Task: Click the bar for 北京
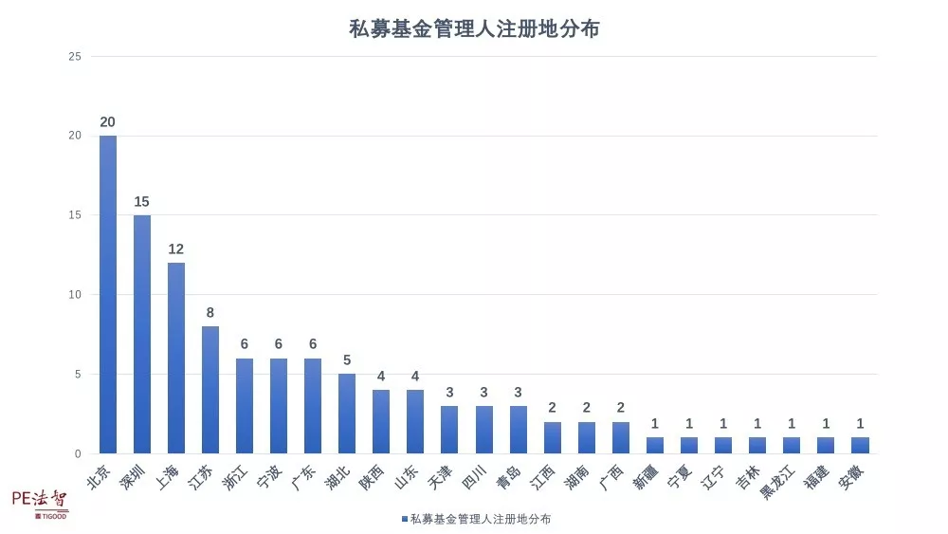pyautogui.click(x=108, y=294)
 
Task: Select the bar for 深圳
pyautogui.click(x=142, y=334)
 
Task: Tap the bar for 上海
pyautogui.click(x=176, y=358)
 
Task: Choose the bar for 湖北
pyautogui.click(x=347, y=414)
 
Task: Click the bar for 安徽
pyautogui.click(x=860, y=446)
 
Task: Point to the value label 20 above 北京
pyautogui.click(x=108, y=122)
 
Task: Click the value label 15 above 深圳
pyautogui.click(x=142, y=202)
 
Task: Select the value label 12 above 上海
pyautogui.click(x=176, y=249)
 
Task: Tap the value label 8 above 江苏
pyautogui.click(x=210, y=313)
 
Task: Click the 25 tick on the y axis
pyautogui.click(x=75, y=57)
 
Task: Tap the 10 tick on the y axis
pyautogui.click(x=75, y=295)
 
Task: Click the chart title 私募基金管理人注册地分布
pyautogui.click(x=474, y=29)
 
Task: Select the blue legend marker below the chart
pyautogui.click(x=404, y=519)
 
